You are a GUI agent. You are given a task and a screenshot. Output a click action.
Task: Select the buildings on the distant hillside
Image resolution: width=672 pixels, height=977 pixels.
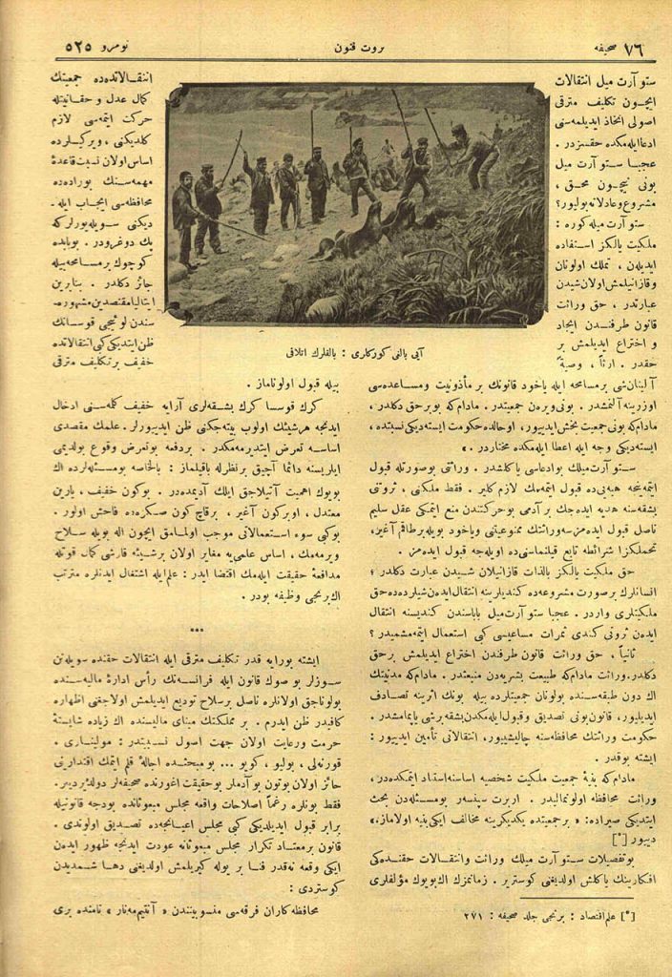(277, 101)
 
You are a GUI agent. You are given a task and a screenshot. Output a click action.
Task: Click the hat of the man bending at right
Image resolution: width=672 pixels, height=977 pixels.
(458, 129)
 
